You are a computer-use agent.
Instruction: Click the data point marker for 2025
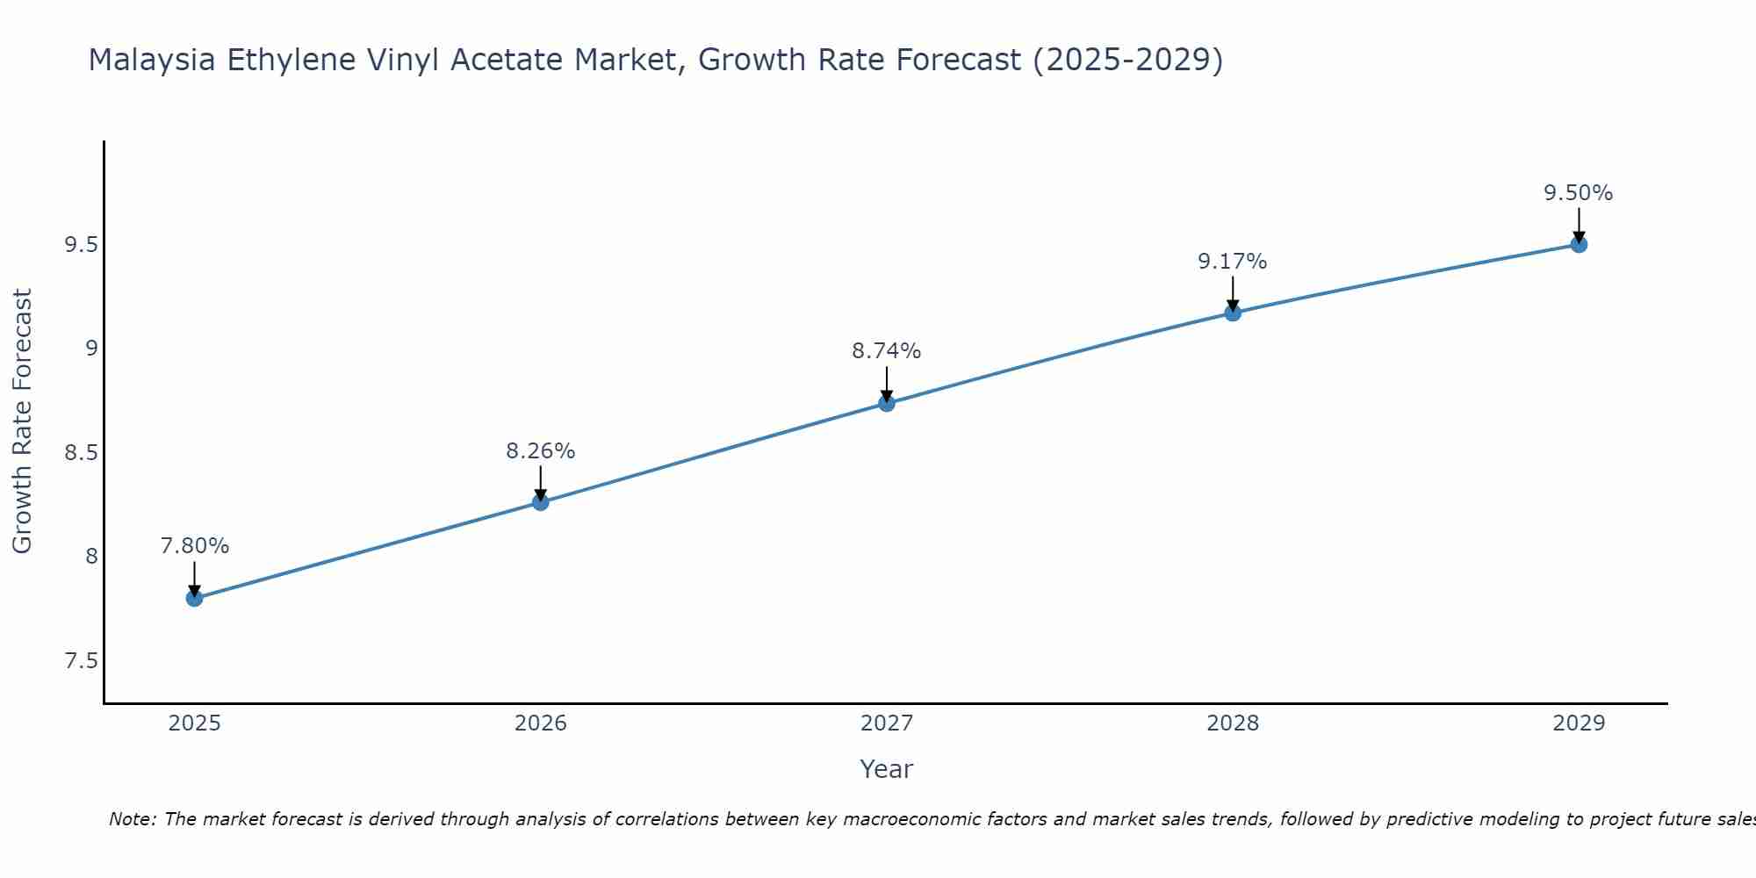click(x=194, y=598)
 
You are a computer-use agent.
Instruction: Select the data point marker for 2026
click(x=540, y=502)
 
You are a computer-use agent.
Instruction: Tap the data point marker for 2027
click(x=886, y=403)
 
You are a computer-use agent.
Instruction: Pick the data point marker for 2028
click(x=1232, y=313)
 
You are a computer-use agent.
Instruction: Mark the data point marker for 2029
click(x=1578, y=244)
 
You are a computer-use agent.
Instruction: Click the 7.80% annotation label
click(x=194, y=545)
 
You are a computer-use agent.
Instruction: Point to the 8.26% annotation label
click(x=540, y=450)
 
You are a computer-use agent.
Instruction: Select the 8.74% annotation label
click(x=886, y=350)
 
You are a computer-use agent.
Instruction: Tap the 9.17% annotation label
click(x=1232, y=261)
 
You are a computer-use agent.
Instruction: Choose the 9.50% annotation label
click(x=1578, y=192)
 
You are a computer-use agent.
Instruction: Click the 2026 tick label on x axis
click(x=540, y=723)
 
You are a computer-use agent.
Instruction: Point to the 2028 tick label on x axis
click(x=1232, y=723)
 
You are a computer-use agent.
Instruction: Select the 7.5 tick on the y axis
click(x=81, y=660)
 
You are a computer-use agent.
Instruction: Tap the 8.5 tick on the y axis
click(x=81, y=453)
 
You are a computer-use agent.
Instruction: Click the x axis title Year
click(x=886, y=769)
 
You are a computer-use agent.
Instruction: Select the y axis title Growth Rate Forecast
click(x=22, y=421)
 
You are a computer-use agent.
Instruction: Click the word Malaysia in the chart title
click(x=152, y=60)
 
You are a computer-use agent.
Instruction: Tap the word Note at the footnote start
click(x=133, y=819)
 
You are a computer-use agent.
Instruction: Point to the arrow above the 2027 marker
click(x=886, y=383)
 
